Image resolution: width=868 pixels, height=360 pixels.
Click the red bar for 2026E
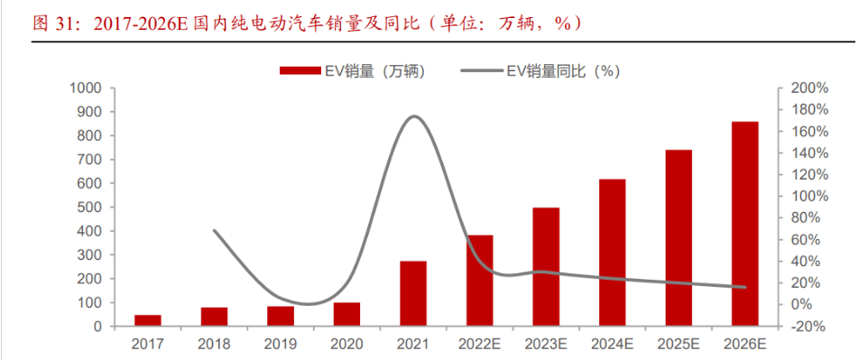click(744, 224)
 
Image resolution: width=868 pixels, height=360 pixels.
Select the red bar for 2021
click(413, 293)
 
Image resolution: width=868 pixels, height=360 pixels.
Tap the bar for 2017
click(148, 320)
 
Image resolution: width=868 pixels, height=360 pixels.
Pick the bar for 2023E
click(545, 266)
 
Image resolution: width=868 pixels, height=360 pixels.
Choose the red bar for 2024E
click(612, 253)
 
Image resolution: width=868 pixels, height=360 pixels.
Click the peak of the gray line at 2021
click(413, 116)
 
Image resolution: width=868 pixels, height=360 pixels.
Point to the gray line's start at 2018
click(214, 230)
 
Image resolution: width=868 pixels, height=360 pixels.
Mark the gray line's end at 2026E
click(744, 287)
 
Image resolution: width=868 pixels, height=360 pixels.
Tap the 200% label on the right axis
click(809, 88)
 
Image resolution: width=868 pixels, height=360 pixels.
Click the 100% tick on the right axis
click(809, 197)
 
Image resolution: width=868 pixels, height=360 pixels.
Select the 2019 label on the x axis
click(281, 345)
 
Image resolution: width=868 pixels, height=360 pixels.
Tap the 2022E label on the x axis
click(479, 345)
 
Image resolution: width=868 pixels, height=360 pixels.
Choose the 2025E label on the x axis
click(678, 345)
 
